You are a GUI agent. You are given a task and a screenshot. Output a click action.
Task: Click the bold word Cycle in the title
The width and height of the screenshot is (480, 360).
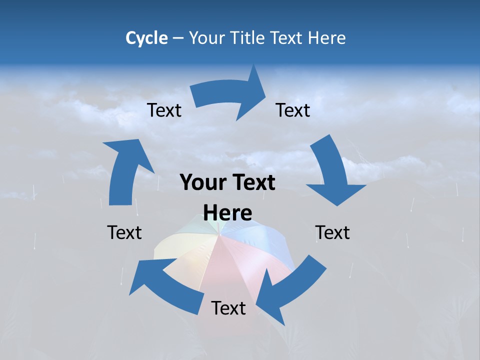tap(146, 38)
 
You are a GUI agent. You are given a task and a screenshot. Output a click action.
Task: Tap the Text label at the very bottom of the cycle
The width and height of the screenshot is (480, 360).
tap(228, 308)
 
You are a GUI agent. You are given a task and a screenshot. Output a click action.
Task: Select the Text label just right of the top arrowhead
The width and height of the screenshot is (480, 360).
tap(293, 110)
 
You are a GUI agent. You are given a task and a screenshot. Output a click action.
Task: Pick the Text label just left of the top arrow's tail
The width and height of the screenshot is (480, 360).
tap(164, 110)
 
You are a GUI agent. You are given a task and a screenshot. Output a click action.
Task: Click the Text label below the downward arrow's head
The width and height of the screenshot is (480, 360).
tap(332, 232)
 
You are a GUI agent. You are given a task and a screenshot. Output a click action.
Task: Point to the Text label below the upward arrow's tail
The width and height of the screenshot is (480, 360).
tap(124, 232)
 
